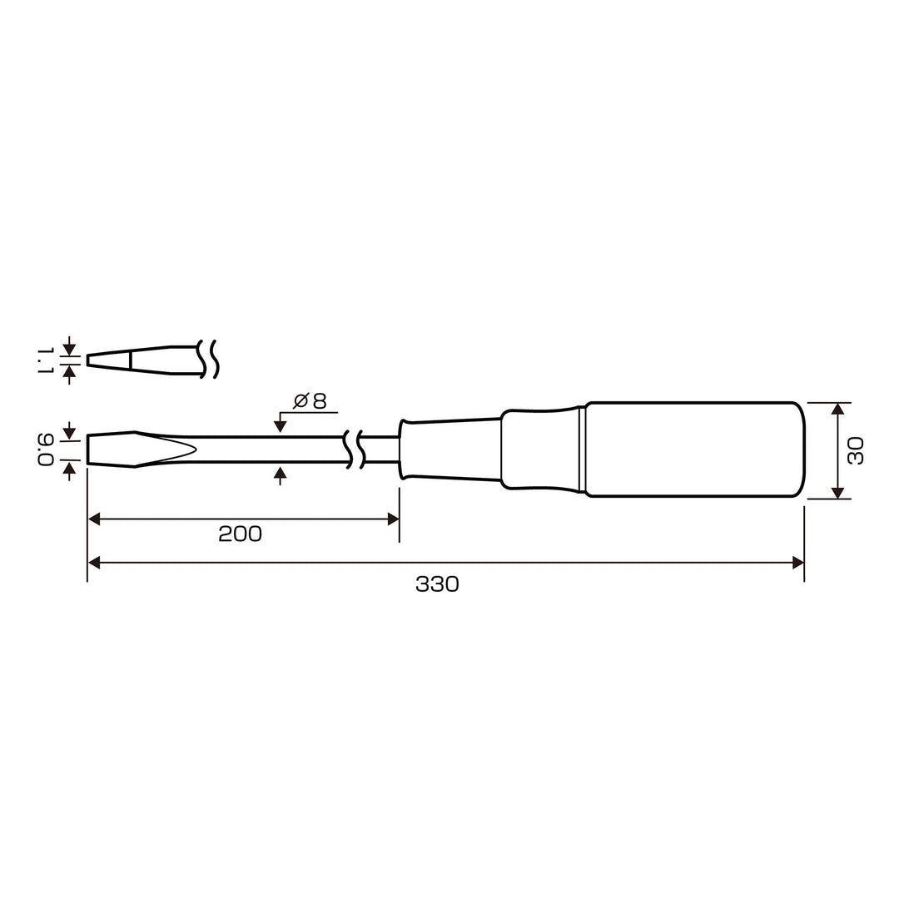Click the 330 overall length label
click(438, 584)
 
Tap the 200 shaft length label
click(241, 534)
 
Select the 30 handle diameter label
click(856, 450)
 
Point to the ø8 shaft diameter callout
click(310, 401)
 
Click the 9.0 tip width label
click(46, 450)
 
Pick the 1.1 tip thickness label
click(46, 360)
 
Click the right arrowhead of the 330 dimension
click(797, 563)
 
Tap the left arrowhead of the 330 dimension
click(94, 563)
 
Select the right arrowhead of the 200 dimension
click(393, 519)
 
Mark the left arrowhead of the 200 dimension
click(94, 519)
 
